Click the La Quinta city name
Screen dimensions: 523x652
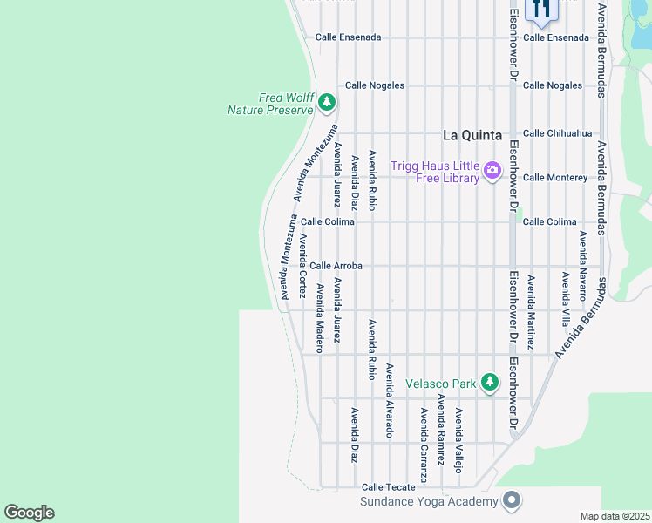[472, 135]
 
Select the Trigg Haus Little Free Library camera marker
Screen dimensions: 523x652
[492, 170]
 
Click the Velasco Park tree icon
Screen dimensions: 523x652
[490, 383]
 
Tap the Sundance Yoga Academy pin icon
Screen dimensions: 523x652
[512, 501]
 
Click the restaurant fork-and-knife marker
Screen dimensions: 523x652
[541, 9]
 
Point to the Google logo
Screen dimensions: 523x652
[29, 513]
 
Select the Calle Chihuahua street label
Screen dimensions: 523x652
[557, 133]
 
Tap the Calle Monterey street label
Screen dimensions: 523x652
[555, 178]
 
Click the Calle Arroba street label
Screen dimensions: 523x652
[336, 266]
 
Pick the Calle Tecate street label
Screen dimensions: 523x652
[384, 487]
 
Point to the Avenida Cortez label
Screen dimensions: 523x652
[302, 266]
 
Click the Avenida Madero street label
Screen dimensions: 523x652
[320, 317]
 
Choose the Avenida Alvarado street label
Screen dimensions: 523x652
[390, 400]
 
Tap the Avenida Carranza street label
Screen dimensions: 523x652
[424, 445]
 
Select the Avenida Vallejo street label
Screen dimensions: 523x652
[458, 439]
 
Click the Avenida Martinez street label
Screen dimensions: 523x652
[531, 311]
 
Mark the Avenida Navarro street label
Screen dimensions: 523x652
[582, 259]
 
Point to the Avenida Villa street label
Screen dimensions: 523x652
[566, 298]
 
